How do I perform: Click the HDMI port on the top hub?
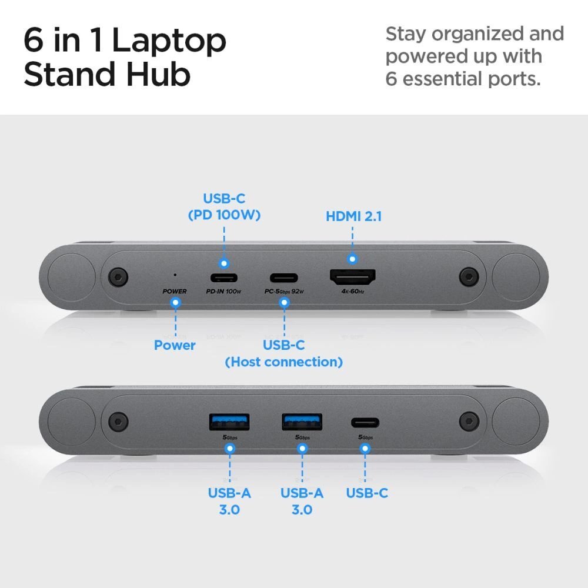coord(352,276)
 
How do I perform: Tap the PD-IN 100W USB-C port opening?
coord(223,278)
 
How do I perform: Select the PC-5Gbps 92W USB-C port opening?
coord(284,278)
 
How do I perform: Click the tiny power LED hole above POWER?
coord(175,274)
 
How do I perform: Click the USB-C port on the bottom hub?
coord(365,422)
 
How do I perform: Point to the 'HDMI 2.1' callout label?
coord(353,216)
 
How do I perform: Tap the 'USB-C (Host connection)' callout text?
coord(283,353)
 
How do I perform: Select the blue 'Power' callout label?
coord(175,345)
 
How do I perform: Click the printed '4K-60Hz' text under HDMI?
coord(352,291)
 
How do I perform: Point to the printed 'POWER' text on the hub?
coord(175,291)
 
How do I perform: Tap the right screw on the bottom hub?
coord(469,420)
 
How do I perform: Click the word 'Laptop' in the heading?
coord(169,42)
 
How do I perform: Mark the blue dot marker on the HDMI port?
coord(352,259)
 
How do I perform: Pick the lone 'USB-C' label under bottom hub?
coord(366,493)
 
